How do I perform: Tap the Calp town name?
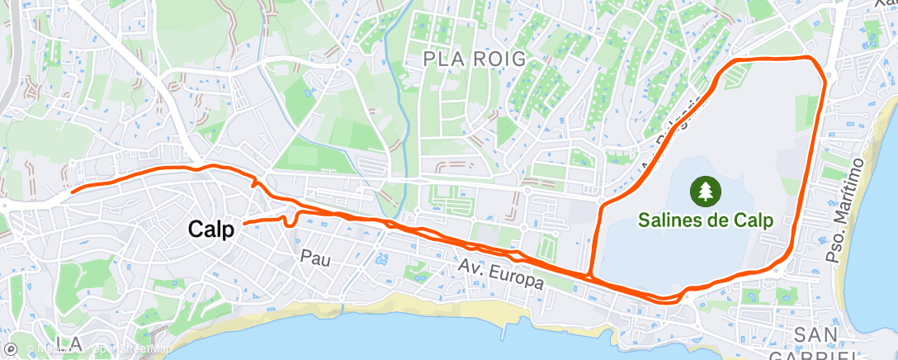click(210, 230)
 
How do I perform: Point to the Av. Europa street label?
click(502, 274)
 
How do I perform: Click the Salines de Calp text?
click(704, 220)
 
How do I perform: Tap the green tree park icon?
click(705, 192)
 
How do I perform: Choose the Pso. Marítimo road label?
click(846, 211)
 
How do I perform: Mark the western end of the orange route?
click(72, 192)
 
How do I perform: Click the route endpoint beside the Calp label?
click(245, 223)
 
